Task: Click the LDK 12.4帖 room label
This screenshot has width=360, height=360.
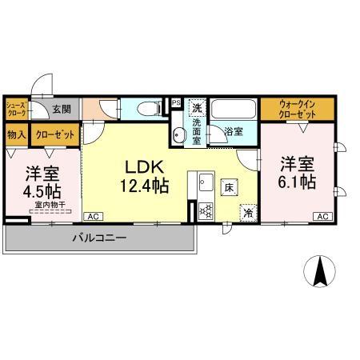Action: (x=144, y=177)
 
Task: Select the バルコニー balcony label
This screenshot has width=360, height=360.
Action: (x=101, y=238)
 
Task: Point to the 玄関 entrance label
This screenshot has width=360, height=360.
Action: (x=62, y=109)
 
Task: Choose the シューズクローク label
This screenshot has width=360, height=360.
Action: (x=17, y=109)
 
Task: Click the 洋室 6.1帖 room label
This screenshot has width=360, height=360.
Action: (x=297, y=172)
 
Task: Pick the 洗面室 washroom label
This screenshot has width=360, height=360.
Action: (x=197, y=129)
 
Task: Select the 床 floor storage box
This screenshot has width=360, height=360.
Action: (x=229, y=188)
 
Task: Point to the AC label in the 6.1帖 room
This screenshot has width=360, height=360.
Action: (x=323, y=216)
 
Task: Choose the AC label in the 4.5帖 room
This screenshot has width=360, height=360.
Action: (x=93, y=216)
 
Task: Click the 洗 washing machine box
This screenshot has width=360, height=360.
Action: (x=197, y=106)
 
